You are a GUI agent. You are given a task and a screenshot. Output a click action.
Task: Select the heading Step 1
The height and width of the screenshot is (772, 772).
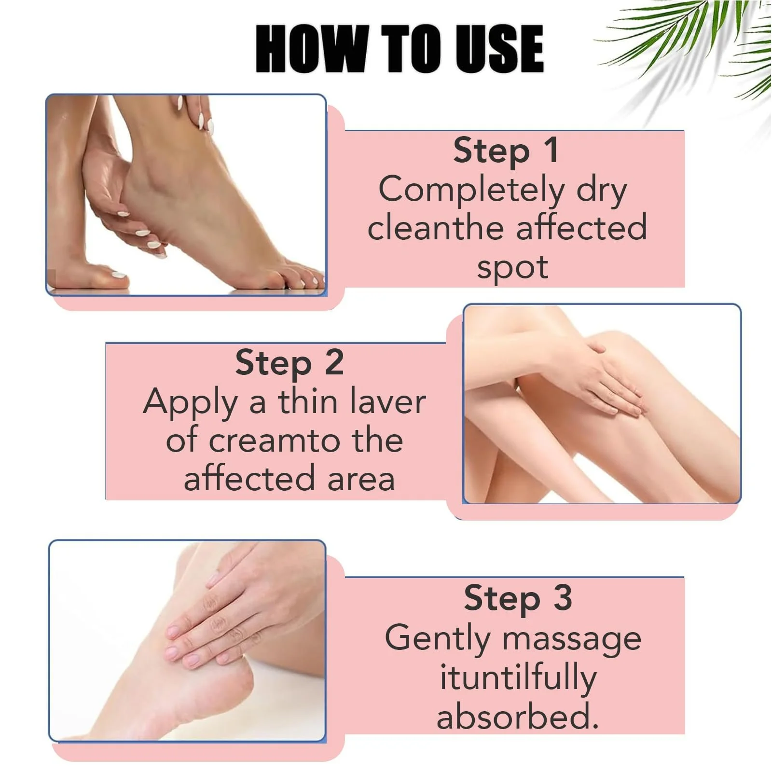506,151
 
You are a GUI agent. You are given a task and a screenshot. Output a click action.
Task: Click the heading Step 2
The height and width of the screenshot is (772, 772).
289,363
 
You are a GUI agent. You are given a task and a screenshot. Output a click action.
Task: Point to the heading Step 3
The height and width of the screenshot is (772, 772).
518,599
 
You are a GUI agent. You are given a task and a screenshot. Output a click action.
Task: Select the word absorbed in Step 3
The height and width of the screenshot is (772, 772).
518,716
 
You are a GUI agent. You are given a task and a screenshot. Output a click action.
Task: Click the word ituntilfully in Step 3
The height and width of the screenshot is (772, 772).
518,678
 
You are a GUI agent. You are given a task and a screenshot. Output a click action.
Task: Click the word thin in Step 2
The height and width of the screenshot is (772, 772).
307,401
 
